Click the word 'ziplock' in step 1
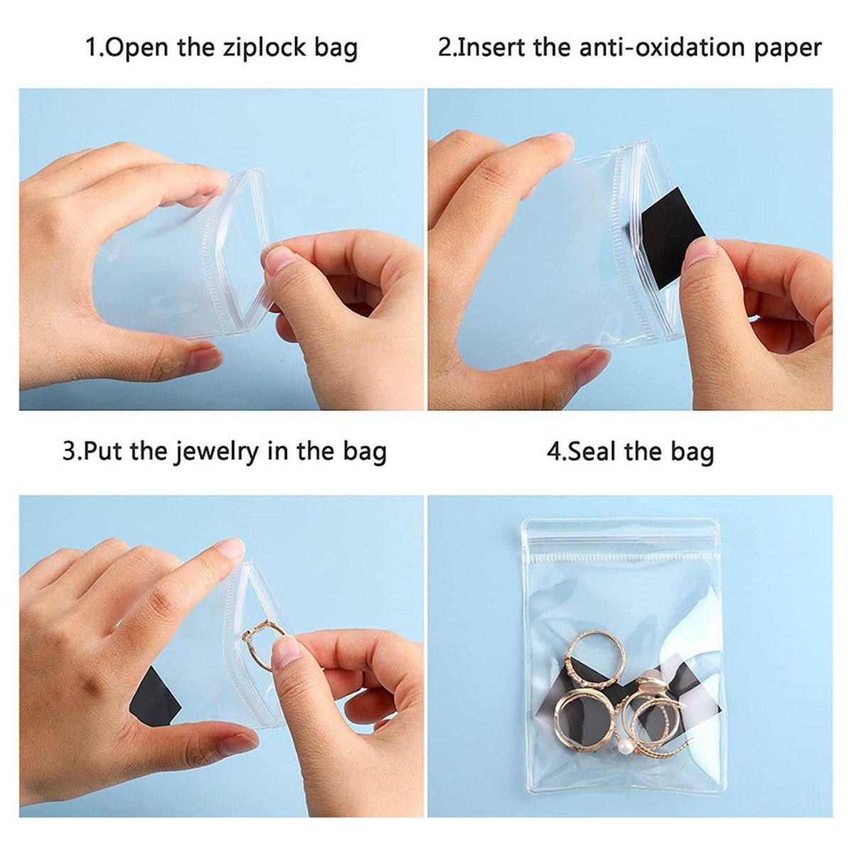pyautogui.click(x=264, y=48)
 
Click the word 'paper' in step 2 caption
pyautogui.click(x=788, y=49)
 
